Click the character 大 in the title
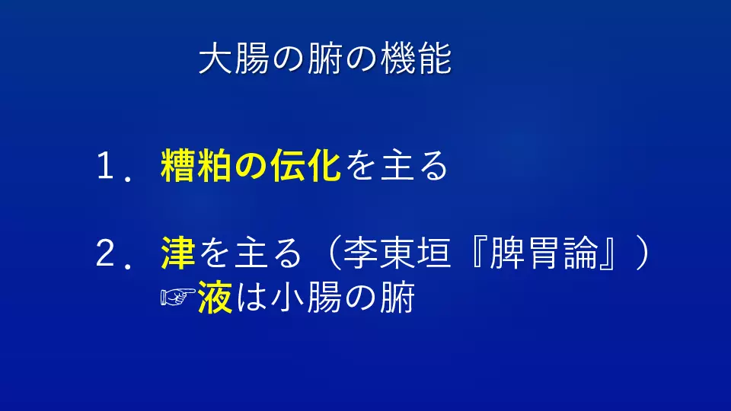click(x=215, y=59)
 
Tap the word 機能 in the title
click(x=417, y=59)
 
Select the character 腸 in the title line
click(x=252, y=59)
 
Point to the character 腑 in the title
click(x=325, y=59)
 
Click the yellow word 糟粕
click(x=196, y=165)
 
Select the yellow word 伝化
click(x=305, y=165)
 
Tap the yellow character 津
click(x=178, y=253)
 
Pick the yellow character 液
click(x=215, y=298)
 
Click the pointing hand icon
click(x=177, y=297)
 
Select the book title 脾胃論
click(x=544, y=253)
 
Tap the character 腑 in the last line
click(x=397, y=298)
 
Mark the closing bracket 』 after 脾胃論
click(x=607, y=253)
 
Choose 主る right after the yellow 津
click(x=269, y=253)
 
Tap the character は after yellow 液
click(x=252, y=298)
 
